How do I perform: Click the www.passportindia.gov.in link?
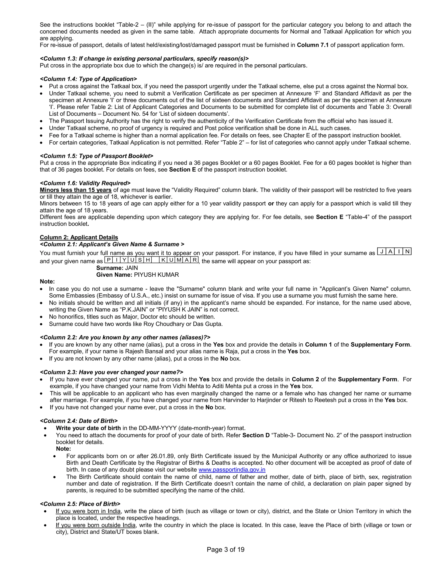coord(232,470)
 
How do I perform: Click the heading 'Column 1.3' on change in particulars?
coord(144,58)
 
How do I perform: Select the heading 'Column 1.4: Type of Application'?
coord(88,79)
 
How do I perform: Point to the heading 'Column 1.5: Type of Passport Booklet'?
coord(96,156)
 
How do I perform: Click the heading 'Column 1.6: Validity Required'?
coord(85,183)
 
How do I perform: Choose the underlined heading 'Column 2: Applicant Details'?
coord(79,237)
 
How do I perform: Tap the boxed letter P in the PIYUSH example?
coord(108,260)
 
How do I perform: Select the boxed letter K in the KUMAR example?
coord(163,260)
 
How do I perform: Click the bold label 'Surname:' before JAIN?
coord(109,268)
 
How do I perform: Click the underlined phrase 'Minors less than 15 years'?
coord(76,190)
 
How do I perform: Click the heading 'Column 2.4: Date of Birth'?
coord(79,421)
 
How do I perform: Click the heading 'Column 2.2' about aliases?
coord(125,337)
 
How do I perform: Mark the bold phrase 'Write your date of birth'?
coord(88,428)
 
